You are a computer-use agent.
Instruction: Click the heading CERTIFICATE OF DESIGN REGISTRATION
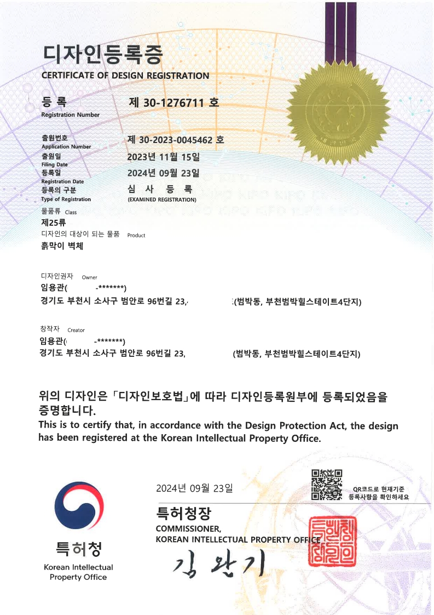(x=125, y=76)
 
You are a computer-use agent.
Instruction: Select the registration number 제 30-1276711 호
(x=173, y=101)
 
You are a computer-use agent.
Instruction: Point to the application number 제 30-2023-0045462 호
(x=176, y=140)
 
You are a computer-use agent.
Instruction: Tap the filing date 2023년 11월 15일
(x=163, y=157)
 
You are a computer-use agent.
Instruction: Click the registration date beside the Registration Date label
(x=163, y=173)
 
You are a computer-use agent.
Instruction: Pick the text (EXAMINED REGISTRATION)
(x=161, y=200)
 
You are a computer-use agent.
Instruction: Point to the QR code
(x=327, y=485)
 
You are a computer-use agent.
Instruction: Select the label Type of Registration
(x=66, y=200)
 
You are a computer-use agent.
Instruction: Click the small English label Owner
(x=89, y=277)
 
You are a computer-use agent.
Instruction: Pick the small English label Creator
(x=76, y=331)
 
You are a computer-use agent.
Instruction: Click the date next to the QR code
(x=194, y=488)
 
